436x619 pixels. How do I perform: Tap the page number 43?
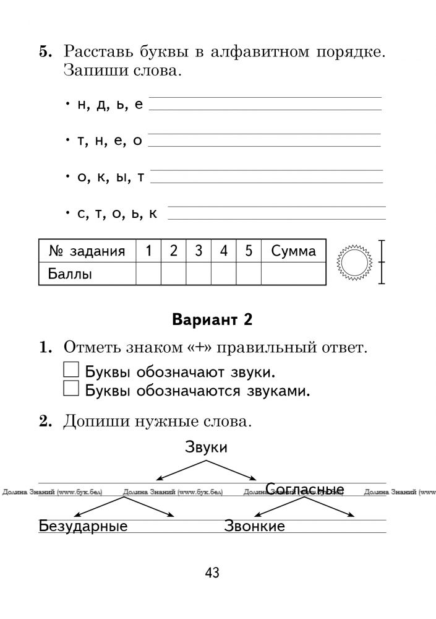[x=212, y=573]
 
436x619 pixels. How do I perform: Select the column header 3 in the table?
[x=199, y=251]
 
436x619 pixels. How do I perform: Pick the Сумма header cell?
[x=293, y=251]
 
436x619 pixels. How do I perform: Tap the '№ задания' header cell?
[x=87, y=251]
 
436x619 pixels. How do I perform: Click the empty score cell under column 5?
[x=249, y=274]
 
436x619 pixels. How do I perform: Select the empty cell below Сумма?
[x=293, y=274]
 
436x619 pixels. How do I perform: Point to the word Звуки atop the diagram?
[x=206, y=448]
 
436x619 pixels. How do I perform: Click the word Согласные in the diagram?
[x=304, y=490]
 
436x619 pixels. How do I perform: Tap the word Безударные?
[x=83, y=527]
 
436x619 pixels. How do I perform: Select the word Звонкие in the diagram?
[x=255, y=527]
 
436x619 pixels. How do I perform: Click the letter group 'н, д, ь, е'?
[x=110, y=105]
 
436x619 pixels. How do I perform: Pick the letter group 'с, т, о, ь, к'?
[x=117, y=214]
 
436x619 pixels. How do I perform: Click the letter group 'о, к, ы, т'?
[x=110, y=178]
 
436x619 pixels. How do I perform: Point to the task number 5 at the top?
[x=45, y=51]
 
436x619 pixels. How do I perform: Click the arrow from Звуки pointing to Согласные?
[x=232, y=470]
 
